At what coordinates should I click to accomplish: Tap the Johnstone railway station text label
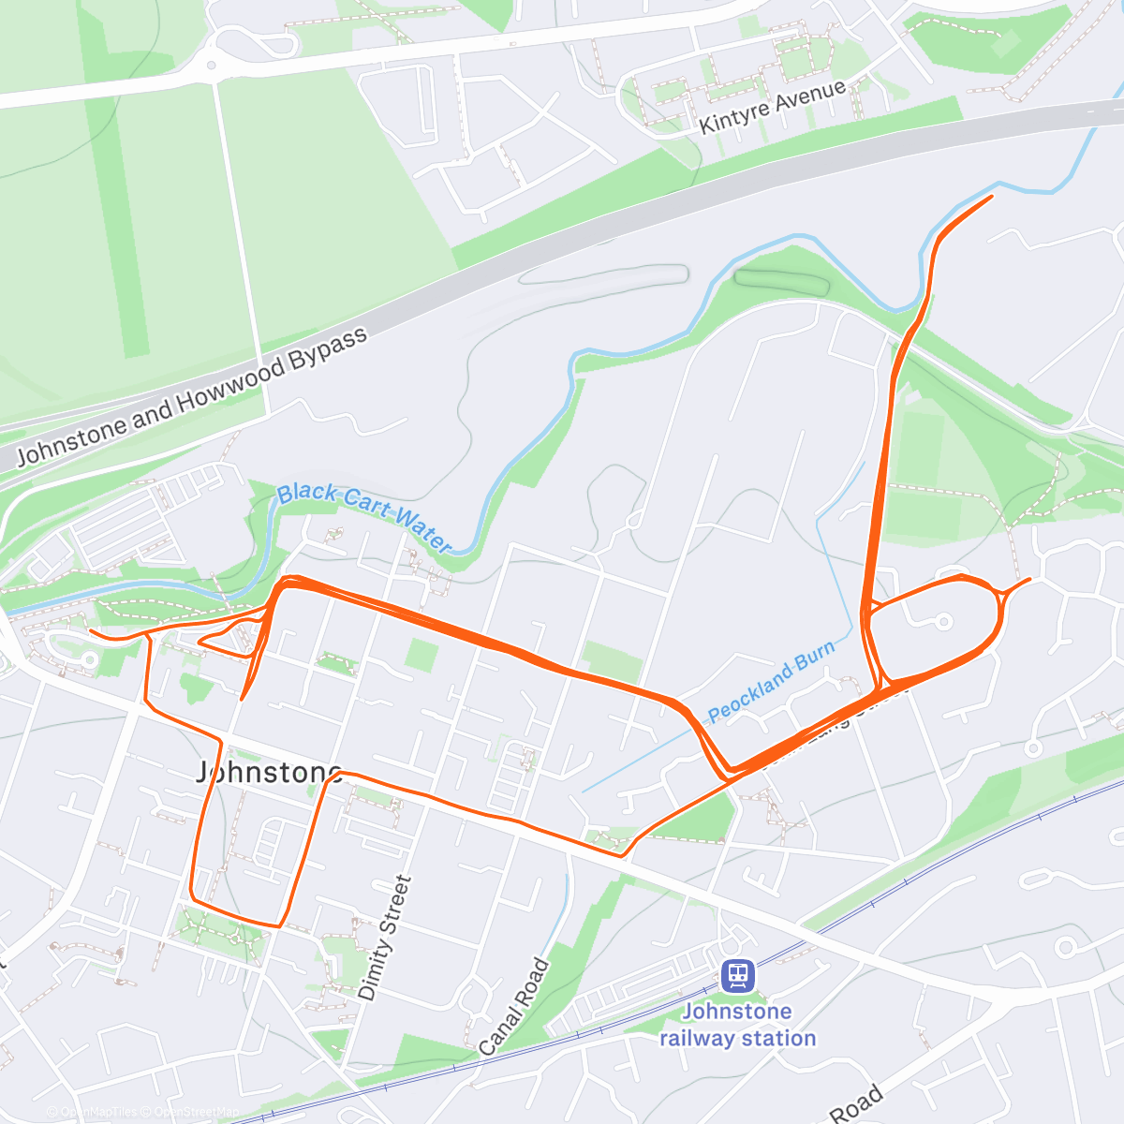pyautogui.click(x=738, y=1025)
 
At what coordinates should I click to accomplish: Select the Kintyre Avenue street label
pyautogui.click(x=773, y=107)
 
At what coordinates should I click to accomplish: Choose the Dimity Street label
pyautogui.click(x=385, y=938)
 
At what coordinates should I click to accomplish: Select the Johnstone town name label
pyautogui.click(x=270, y=772)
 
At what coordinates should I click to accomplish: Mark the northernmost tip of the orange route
pyautogui.click(x=992, y=196)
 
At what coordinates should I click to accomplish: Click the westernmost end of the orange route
pyautogui.click(x=91, y=631)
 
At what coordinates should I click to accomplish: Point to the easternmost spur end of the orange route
pyautogui.click(x=1029, y=579)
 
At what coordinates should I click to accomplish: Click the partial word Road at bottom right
pyautogui.click(x=857, y=1105)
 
